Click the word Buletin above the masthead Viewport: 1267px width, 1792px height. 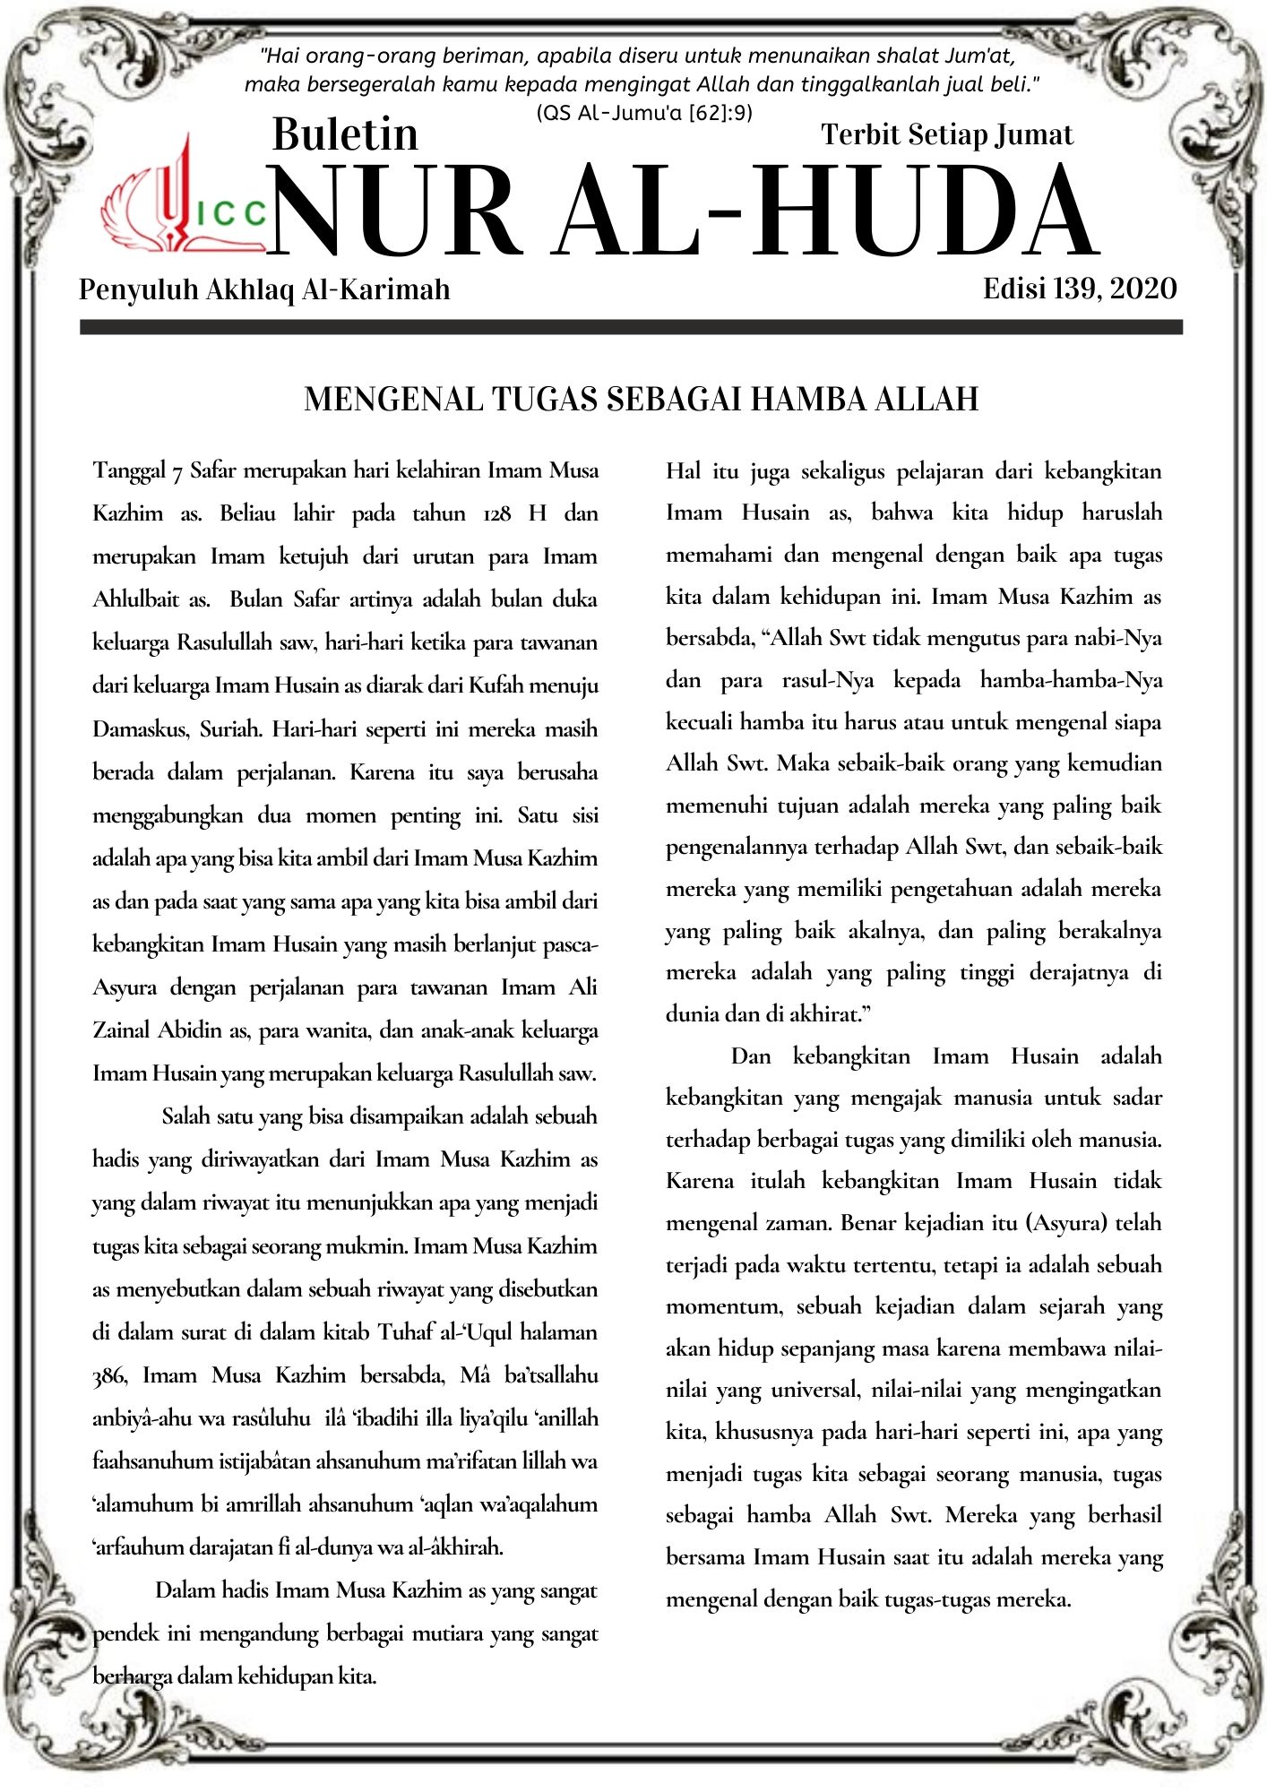click(x=345, y=134)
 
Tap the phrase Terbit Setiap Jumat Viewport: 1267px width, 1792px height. click(x=946, y=134)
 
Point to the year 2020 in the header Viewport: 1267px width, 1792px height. click(x=1142, y=289)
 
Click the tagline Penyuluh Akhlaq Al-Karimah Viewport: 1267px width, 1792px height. click(x=264, y=289)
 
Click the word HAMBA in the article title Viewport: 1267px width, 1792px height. click(x=806, y=399)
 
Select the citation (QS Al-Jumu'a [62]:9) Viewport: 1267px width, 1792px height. click(x=643, y=113)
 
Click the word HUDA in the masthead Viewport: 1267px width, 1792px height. click(x=923, y=213)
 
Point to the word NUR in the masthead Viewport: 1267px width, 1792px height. click(x=394, y=213)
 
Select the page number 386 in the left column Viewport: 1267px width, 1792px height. click(x=109, y=1375)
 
